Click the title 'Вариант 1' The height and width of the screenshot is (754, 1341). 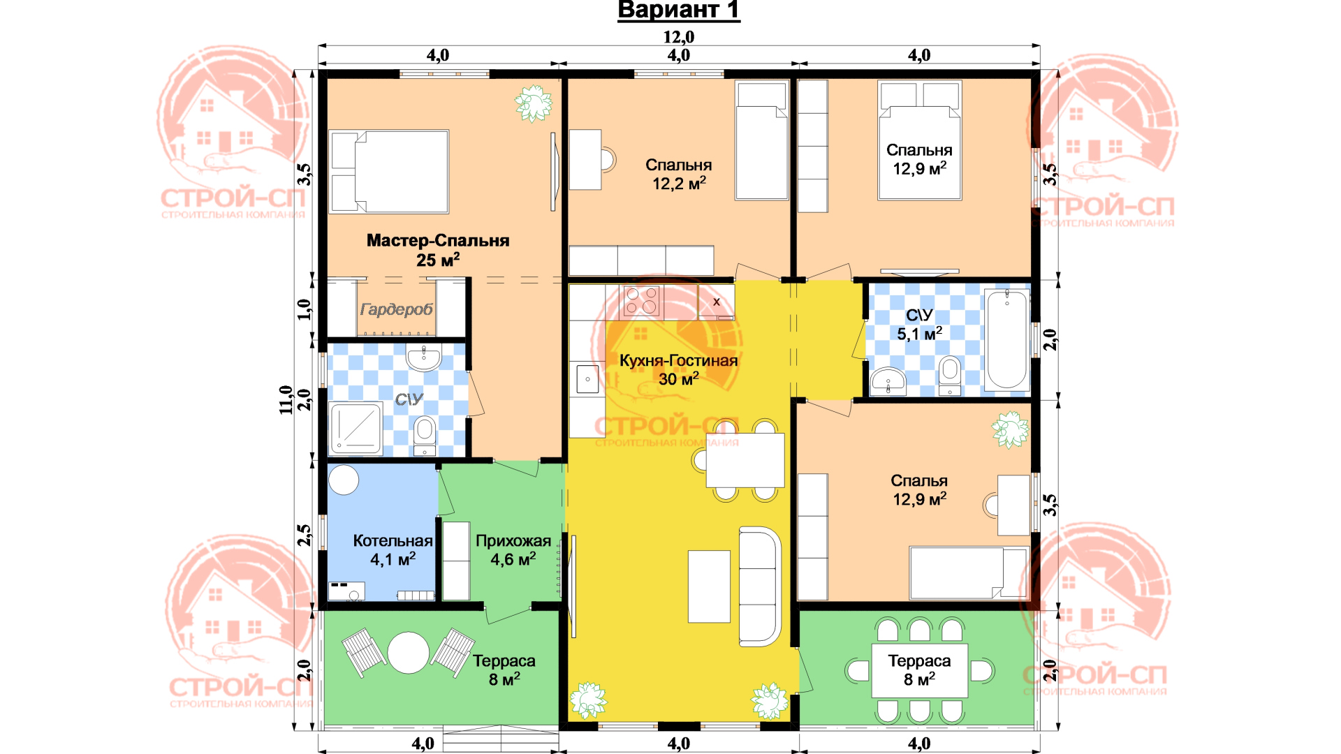(x=678, y=10)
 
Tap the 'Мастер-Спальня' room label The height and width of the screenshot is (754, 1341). (x=438, y=241)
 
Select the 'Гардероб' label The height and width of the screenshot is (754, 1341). (x=397, y=309)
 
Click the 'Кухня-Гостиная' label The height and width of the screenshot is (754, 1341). (x=679, y=361)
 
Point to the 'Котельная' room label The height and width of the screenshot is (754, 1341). (x=393, y=541)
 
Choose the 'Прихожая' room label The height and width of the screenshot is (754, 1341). (x=513, y=541)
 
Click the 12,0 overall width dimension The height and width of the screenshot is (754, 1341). (x=679, y=37)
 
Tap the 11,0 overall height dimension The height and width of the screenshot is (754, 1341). (x=286, y=400)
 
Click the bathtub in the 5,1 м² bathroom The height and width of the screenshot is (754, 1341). (x=1006, y=339)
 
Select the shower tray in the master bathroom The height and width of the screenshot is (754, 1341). (x=356, y=427)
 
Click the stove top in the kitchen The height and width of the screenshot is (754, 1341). (x=641, y=301)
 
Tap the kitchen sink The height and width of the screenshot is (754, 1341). (x=587, y=380)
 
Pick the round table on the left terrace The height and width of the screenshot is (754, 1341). (x=409, y=652)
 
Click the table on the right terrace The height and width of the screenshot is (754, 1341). (x=919, y=670)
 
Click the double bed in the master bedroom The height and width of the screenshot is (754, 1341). (x=389, y=172)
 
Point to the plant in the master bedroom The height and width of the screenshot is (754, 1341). (x=534, y=103)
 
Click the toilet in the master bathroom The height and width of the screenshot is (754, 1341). (x=425, y=435)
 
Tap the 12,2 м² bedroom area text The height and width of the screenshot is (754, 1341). (x=679, y=184)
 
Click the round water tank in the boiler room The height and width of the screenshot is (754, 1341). (x=344, y=480)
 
